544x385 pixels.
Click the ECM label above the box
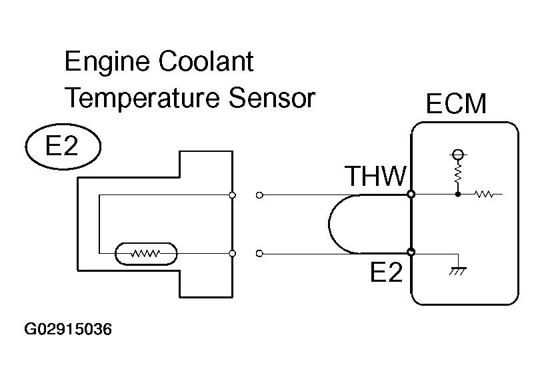457,105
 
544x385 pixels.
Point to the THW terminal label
375,177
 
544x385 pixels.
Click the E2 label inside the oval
62,147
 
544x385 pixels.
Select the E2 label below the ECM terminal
387,272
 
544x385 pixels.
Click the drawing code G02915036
68,329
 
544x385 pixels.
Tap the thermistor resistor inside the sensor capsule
146,253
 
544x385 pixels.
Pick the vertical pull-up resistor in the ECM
457,175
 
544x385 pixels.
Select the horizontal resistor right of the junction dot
483,195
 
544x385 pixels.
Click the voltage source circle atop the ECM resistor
457,155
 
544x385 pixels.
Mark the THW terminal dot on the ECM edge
411,195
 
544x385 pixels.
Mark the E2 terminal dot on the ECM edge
411,253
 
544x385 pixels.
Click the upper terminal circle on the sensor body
231,195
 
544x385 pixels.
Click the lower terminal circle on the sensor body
231,253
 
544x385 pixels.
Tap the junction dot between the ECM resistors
457,195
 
